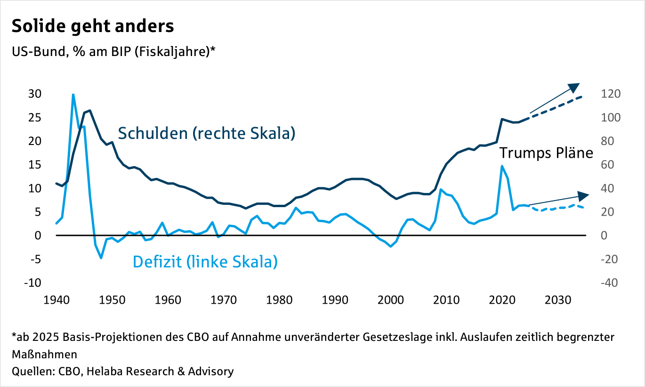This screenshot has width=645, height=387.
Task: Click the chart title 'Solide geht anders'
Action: pos(93,26)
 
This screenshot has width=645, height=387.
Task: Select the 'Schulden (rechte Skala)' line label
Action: pos(206,133)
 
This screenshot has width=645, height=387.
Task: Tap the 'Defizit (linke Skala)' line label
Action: pos(205,261)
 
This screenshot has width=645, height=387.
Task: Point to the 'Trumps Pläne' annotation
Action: pos(546,153)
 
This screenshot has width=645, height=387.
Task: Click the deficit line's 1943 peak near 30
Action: pos(73,95)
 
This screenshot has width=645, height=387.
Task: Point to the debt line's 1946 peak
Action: pos(89,111)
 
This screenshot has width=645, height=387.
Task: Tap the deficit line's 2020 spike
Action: pos(502,166)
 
